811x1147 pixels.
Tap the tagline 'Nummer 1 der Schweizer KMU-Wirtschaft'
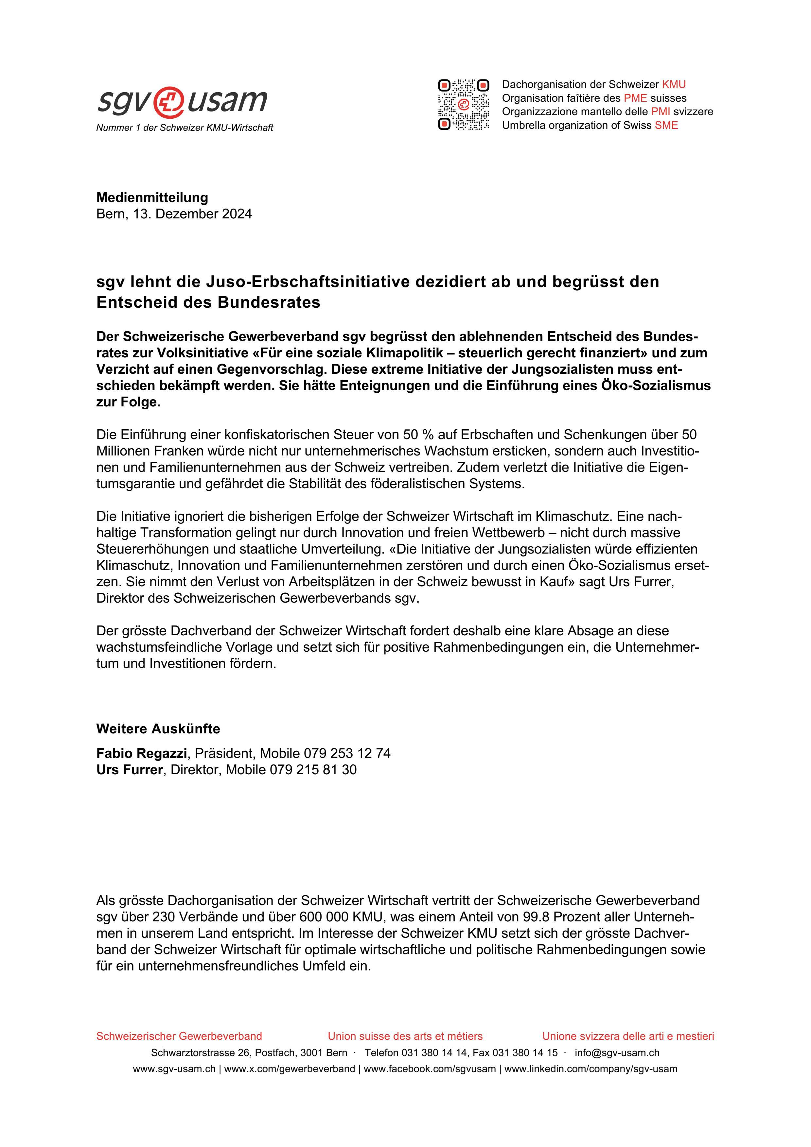pos(185,128)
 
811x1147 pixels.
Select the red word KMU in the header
pos(674,84)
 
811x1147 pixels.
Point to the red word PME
pos(635,98)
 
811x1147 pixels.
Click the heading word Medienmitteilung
pos(152,197)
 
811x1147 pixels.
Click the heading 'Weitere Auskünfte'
pos(158,729)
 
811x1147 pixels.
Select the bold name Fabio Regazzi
pos(141,753)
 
